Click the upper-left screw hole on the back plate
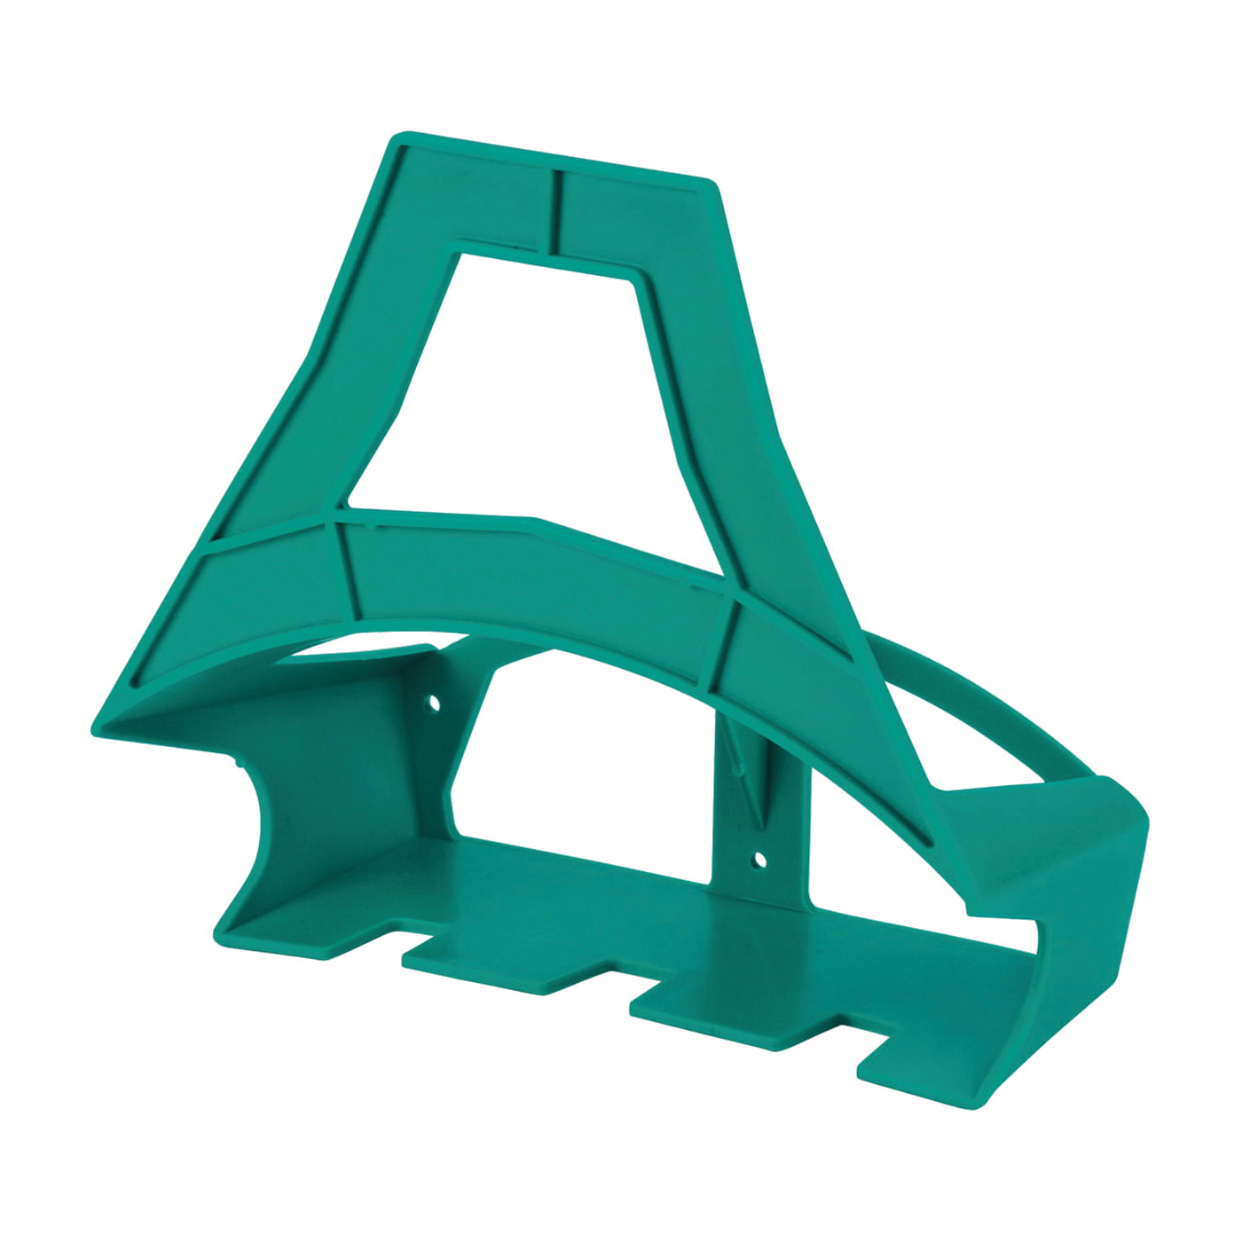coord(435,704)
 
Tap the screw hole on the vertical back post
coord(759,859)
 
